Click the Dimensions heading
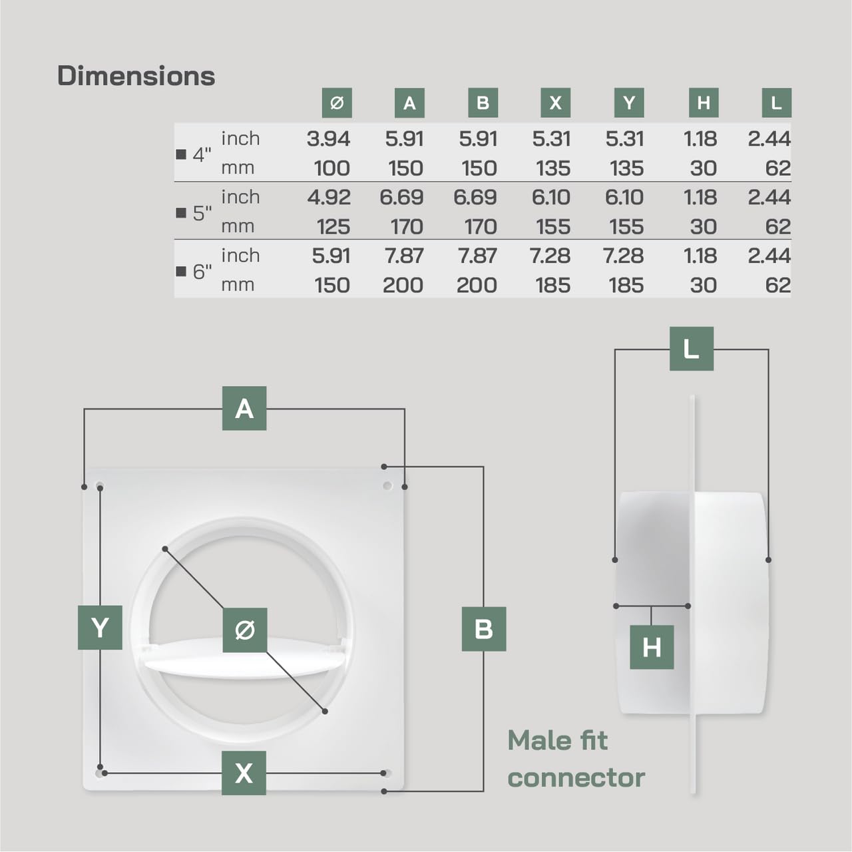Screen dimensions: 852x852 click(136, 76)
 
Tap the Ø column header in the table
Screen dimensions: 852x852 click(337, 103)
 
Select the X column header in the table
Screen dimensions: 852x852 click(556, 103)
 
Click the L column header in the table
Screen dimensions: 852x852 click(776, 103)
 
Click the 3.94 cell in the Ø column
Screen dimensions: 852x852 click(328, 139)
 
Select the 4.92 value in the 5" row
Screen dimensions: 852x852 click(328, 198)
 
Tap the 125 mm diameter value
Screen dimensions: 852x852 click(333, 227)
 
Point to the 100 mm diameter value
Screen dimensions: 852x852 click(331, 168)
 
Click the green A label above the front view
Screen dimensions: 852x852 click(244, 408)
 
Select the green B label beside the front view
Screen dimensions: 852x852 click(484, 629)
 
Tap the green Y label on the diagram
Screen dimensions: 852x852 click(100, 628)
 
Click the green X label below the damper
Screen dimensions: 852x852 click(244, 773)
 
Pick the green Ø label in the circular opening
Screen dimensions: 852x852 click(245, 630)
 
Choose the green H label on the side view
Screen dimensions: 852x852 click(652, 647)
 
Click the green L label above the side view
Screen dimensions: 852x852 click(691, 349)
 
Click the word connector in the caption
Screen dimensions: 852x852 click(576, 777)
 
